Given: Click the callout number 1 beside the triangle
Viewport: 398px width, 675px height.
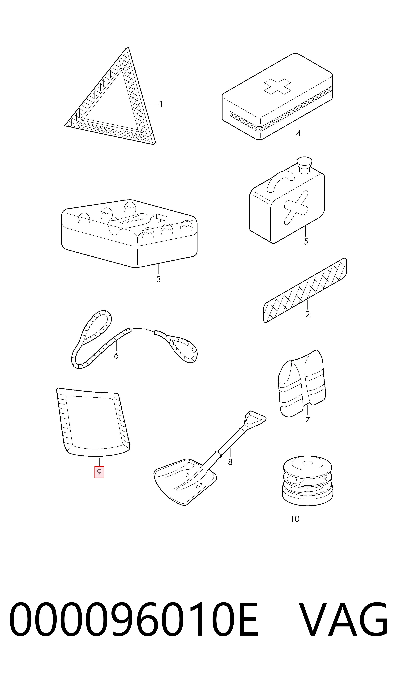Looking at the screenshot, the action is (x=161, y=104).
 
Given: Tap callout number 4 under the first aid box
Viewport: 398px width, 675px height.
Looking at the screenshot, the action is (x=298, y=133).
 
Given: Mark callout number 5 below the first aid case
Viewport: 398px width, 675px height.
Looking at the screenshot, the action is (x=306, y=242).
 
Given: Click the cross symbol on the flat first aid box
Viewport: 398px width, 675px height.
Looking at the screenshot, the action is (x=277, y=86).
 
